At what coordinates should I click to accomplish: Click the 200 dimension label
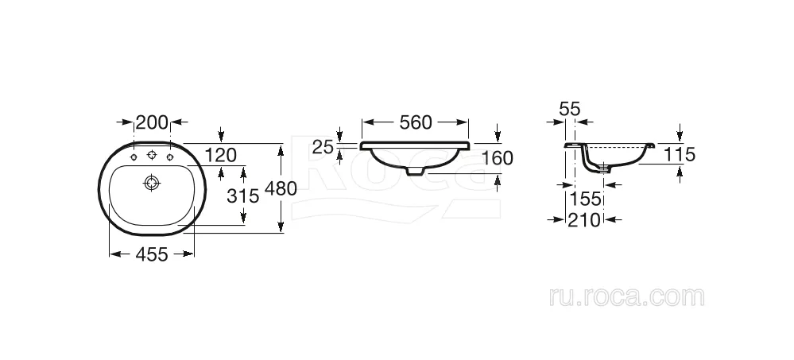[152, 122]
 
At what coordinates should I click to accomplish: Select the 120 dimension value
[221, 156]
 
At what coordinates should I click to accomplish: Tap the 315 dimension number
[242, 195]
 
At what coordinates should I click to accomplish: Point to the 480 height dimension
[281, 188]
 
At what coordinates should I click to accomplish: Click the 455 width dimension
[151, 254]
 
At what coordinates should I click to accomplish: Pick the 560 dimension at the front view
[416, 122]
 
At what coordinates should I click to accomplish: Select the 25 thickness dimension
[323, 147]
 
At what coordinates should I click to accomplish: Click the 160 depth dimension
[497, 158]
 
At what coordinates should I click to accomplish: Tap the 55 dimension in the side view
[570, 109]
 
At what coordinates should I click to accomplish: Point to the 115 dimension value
[679, 154]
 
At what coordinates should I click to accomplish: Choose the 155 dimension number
[583, 199]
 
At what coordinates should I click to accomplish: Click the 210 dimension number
[583, 220]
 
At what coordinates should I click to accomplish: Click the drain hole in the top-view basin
[152, 182]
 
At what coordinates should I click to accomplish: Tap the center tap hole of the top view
[152, 155]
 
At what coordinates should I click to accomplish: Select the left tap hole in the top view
[134, 157]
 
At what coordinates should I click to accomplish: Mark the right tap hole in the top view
[170, 157]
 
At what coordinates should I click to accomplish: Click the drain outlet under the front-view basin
[415, 172]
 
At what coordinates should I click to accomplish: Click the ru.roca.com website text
[627, 296]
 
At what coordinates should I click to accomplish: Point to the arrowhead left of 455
[116, 254]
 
